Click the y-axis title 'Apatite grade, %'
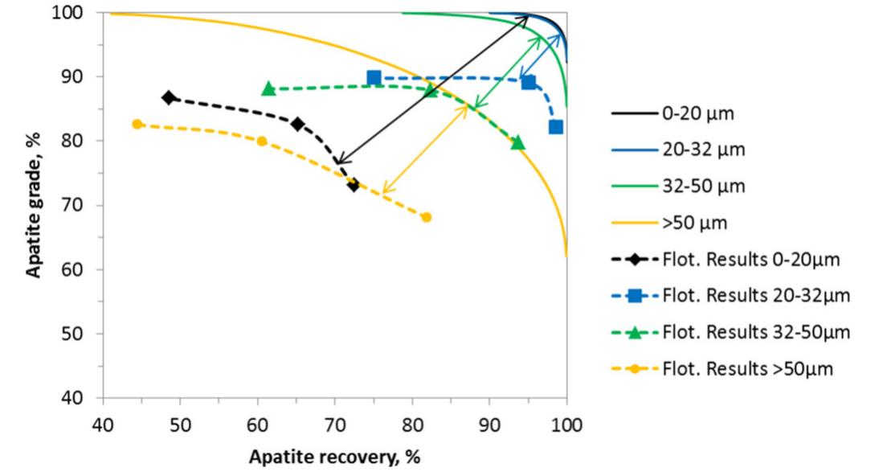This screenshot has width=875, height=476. [34, 204]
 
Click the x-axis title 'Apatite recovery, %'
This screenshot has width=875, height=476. [334, 457]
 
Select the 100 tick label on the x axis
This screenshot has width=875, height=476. [566, 422]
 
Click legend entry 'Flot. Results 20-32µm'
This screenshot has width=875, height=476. [755, 295]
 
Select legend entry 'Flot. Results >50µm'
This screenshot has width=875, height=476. [748, 368]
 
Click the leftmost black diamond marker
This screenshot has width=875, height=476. [169, 97]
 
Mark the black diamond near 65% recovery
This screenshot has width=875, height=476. [297, 124]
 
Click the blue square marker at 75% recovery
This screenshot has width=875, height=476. [374, 78]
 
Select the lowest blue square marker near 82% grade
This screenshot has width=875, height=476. [555, 127]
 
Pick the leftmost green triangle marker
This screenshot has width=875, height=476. [268, 88]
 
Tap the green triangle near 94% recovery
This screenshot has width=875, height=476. [517, 143]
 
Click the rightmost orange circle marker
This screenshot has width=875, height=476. [426, 217]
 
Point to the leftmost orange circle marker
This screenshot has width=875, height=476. [137, 124]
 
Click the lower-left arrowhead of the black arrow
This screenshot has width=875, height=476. [337, 163]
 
